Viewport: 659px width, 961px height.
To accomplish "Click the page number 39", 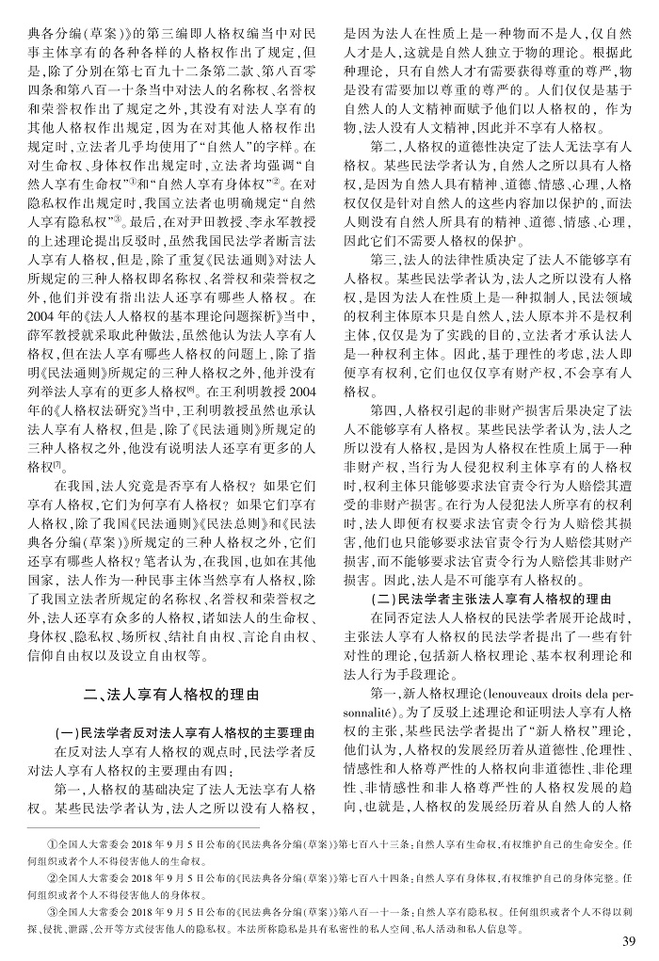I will click(631, 942).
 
